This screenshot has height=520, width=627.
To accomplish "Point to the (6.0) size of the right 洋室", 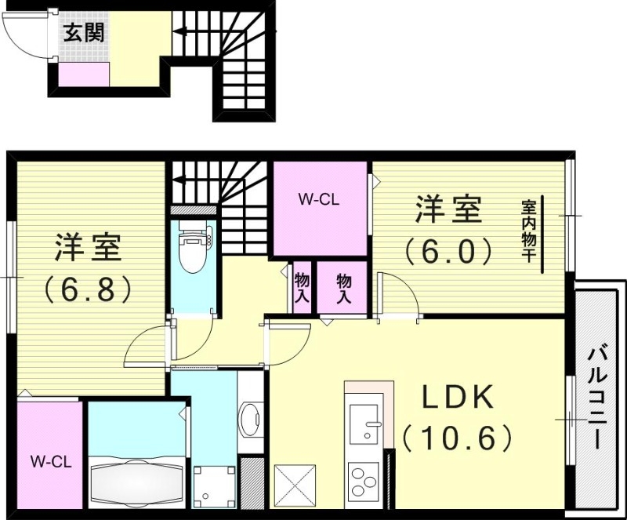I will [x=448, y=250].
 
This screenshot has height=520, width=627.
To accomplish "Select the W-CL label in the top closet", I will [x=317, y=199].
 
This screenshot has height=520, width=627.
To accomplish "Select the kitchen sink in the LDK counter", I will [x=364, y=424].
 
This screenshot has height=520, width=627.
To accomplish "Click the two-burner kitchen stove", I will [x=363, y=481].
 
